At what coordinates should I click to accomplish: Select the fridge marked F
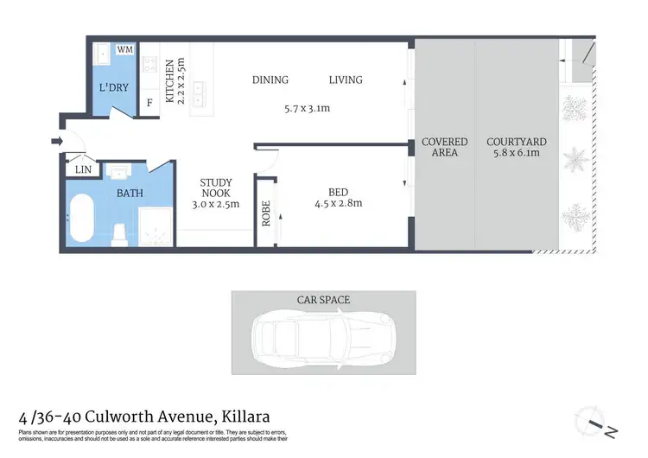click(149, 104)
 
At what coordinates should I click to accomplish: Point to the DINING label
click(270, 80)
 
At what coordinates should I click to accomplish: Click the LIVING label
click(346, 80)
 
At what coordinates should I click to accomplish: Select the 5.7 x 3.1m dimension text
click(308, 109)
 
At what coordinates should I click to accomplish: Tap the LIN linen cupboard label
click(83, 170)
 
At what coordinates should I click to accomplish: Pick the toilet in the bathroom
click(120, 232)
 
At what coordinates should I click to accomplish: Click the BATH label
click(130, 194)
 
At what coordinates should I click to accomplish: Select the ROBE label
click(266, 213)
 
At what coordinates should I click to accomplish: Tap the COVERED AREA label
click(444, 147)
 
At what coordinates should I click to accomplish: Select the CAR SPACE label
click(323, 300)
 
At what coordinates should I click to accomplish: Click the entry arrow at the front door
click(57, 141)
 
